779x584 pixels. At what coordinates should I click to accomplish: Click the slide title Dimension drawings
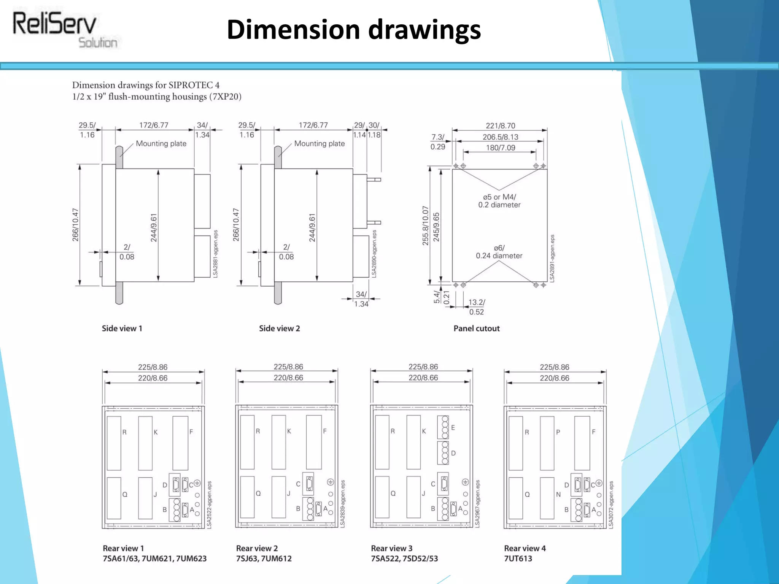click(353, 30)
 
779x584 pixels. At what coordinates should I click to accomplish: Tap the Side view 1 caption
click(122, 328)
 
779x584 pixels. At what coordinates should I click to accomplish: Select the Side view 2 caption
click(279, 328)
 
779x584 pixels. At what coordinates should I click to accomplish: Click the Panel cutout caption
click(476, 328)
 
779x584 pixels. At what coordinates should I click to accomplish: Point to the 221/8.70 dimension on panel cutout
click(500, 126)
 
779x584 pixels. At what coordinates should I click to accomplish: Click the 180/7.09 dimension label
click(500, 148)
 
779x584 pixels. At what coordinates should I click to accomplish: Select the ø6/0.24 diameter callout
click(499, 252)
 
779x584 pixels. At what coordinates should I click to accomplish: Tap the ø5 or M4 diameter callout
click(499, 201)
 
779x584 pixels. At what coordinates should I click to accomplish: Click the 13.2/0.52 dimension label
click(477, 307)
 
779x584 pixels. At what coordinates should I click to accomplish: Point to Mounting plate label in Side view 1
click(161, 144)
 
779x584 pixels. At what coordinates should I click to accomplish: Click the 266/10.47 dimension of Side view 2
click(236, 225)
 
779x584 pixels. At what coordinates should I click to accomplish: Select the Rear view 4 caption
click(525, 548)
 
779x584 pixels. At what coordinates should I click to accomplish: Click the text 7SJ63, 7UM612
click(264, 559)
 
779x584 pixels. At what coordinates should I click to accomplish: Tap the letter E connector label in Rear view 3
click(453, 428)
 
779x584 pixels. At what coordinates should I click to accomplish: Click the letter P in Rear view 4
click(558, 432)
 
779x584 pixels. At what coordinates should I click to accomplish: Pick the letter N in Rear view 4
click(558, 495)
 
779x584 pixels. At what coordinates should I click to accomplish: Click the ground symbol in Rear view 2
click(330, 482)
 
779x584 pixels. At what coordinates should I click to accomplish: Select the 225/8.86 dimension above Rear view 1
click(153, 367)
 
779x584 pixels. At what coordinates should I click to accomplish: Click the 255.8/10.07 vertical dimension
click(425, 226)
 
